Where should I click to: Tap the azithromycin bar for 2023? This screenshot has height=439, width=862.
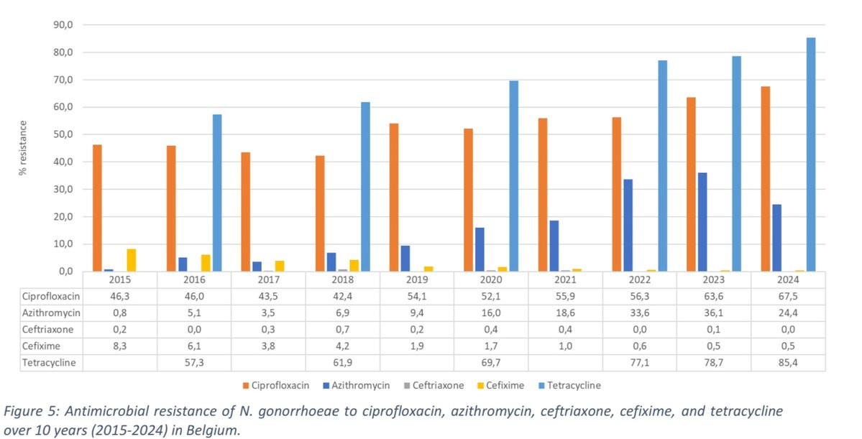click(702, 222)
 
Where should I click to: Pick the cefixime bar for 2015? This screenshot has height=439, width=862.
click(131, 260)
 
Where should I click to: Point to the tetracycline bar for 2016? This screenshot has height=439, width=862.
click(217, 193)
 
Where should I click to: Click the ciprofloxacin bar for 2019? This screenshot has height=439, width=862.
click(394, 198)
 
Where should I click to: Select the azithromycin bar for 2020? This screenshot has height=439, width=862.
click(480, 249)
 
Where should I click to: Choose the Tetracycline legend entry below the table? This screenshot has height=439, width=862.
click(572, 385)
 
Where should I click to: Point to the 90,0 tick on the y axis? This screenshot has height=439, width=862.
click(64, 25)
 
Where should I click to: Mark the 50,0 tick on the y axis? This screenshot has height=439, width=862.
click(64, 135)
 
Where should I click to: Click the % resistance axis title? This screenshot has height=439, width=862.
click(23, 148)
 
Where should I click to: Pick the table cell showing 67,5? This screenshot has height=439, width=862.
click(789, 296)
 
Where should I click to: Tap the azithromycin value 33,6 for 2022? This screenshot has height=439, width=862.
click(640, 313)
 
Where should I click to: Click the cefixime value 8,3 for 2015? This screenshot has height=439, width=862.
click(120, 346)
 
